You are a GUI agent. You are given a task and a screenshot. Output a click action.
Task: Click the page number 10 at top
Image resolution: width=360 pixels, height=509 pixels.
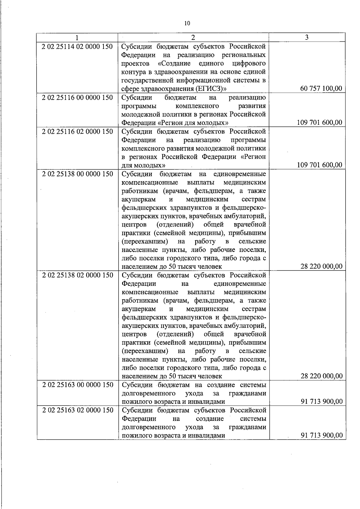pos(187,24)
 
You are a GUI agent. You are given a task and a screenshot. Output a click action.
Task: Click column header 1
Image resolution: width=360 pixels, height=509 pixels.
pos(77,37)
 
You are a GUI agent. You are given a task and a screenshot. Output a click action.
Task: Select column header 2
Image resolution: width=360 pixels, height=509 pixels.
pos(193,37)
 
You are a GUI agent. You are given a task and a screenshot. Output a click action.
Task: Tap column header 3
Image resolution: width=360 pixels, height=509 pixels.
pos(307,37)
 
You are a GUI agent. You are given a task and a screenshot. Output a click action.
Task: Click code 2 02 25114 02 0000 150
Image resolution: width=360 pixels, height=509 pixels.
pos(77,47)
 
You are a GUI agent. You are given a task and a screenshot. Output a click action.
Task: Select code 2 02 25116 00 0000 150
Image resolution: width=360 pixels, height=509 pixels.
pos(77,98)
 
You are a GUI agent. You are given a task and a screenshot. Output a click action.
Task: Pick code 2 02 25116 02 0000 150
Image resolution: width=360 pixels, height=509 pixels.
pos(77,132)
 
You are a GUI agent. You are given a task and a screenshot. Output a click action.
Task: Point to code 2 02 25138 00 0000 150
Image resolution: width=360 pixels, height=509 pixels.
pos(77,174)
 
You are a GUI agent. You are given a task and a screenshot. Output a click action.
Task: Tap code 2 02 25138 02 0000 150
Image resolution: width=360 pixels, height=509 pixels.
pos(77,275)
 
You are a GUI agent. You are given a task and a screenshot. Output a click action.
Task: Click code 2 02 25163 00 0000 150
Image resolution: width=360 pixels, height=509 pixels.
pos(77,385)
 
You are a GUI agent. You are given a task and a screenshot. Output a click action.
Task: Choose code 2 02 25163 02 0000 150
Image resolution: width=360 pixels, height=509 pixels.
pos(77,410)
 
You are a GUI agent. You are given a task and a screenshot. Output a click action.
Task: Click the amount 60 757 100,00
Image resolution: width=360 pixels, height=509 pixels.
pos(321,88)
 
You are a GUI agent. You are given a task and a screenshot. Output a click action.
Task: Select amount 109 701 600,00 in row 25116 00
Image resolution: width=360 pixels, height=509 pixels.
pos(319,122)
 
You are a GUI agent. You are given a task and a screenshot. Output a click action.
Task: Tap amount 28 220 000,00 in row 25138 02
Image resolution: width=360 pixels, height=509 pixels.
pos(321,376)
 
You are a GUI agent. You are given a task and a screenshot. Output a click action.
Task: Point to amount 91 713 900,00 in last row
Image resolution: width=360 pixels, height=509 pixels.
pos(321,436)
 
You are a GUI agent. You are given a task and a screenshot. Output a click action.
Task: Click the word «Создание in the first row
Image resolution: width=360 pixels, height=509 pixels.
pos(172,64)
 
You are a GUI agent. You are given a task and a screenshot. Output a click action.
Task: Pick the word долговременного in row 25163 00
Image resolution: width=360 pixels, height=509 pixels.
pos(149,393)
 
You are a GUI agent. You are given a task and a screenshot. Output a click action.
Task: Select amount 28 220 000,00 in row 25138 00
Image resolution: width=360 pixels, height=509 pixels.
pos(321,266)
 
